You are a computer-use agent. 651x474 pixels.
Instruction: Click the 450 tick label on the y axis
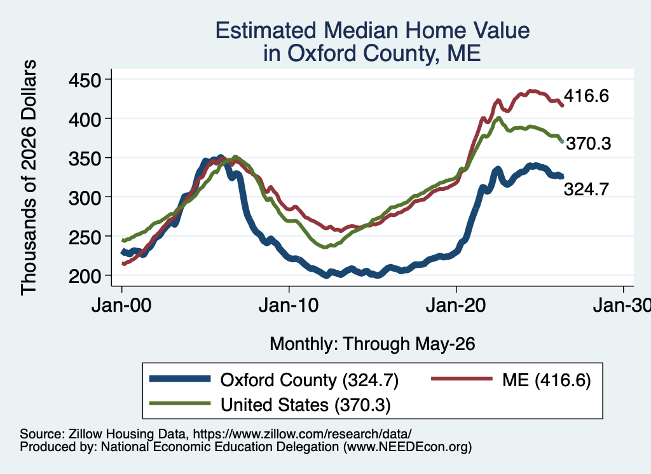85,80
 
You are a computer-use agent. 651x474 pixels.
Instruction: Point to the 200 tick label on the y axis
85,276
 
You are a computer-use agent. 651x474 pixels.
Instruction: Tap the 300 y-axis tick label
85,198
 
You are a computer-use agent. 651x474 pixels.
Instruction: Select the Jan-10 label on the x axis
289,306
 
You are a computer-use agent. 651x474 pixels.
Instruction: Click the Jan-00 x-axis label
121,306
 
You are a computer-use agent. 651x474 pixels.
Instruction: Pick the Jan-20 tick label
456,306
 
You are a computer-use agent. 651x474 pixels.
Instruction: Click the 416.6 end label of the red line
586,96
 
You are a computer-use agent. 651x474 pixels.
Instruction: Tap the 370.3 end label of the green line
589,144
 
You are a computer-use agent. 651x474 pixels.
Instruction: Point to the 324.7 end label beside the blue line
586,190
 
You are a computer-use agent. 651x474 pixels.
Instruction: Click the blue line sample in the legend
180,379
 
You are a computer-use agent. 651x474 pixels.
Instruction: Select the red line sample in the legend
462,379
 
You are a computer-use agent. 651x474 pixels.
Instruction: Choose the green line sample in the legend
180,403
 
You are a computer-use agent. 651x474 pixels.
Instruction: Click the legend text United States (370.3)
306,405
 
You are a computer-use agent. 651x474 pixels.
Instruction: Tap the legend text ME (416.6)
546,380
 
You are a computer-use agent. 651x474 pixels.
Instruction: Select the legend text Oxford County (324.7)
310,380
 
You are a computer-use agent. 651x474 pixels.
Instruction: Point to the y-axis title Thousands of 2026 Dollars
29,178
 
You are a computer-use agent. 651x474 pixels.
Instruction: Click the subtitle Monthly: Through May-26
373,344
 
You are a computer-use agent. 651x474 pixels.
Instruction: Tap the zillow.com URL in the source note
302,434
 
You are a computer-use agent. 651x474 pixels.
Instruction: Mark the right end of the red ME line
563,106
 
